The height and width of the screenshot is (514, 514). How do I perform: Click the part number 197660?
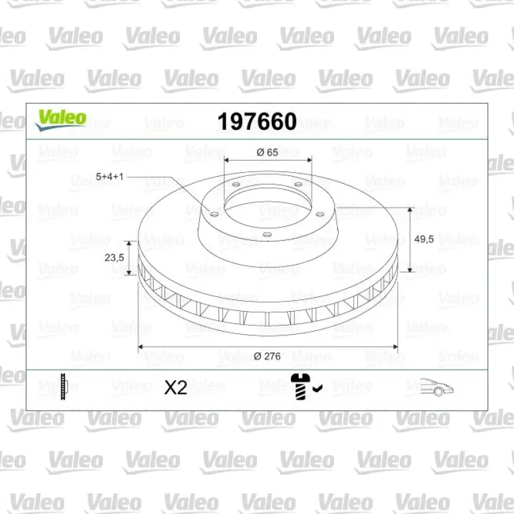pyautogui.click(x=257, y=121)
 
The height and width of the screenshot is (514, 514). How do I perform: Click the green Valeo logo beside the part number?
pyautogui.click(x=61, y=120)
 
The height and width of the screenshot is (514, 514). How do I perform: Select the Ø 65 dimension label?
pyautogui.click(x=267, y=152)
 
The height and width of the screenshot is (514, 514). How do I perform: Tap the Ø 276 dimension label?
pyautogui.click(x=267, y=357)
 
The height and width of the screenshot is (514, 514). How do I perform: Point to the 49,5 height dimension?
pyautogui.click(x=424, y=239)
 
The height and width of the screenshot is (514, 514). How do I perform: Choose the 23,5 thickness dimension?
pyautogui.click(x=114, y=258)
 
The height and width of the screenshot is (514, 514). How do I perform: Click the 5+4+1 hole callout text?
pyautogui.click(x=109, y=177)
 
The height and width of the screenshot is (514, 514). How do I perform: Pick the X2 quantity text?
pyautogui.click(x=175, y=388)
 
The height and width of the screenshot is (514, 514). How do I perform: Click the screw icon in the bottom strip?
pyautogui.click(x=299, y=386)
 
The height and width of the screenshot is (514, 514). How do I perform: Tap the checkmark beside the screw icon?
pyautogui.click(x=317, y=389)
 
